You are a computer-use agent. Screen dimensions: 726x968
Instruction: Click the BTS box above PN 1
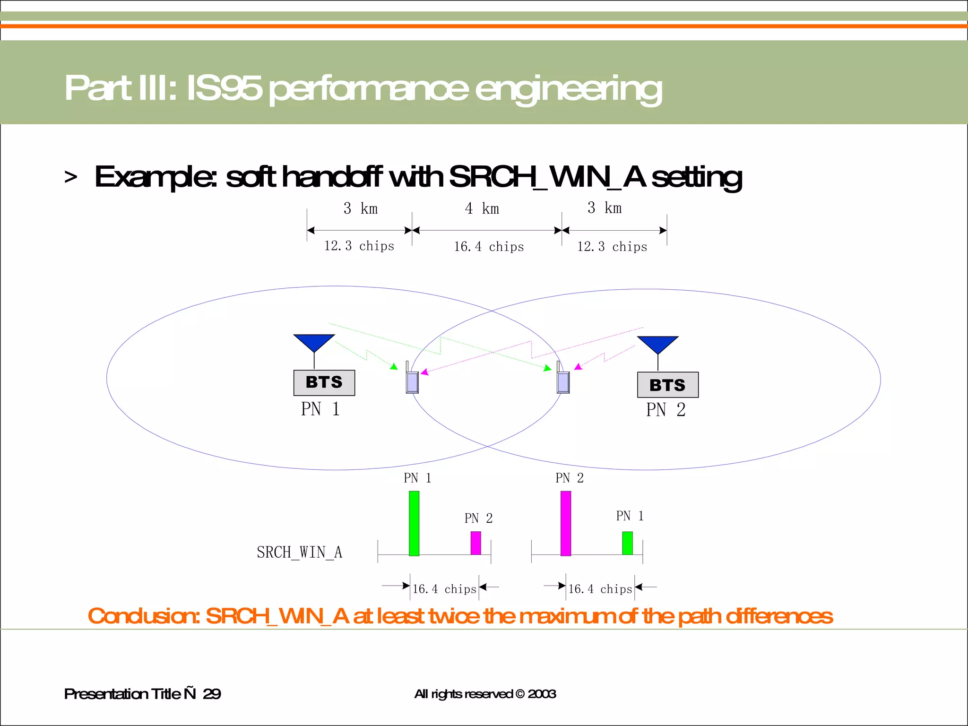click(324, 382)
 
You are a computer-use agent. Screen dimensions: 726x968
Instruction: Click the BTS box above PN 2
click(667, 385)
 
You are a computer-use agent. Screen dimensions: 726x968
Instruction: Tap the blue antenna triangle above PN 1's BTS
click(314, 342)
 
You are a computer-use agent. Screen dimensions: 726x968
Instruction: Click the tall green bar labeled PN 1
click(414, 523)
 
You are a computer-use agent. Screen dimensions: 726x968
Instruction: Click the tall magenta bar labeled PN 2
click(565, 523)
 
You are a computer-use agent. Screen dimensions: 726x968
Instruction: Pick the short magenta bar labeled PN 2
click(475, 543)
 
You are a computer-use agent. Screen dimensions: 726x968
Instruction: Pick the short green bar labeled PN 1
click(627, 543)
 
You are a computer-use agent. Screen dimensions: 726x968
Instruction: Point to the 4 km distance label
click(482, 208)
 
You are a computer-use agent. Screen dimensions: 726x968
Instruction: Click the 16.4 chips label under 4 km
click(489, 247)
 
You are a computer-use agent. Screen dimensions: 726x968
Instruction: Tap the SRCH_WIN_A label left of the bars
click(299, 552)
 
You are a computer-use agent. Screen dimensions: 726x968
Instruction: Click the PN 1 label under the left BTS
click(320, 409)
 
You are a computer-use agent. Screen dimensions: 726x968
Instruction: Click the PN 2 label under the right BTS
click(665, 410)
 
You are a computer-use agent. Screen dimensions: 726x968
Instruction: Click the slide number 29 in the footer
click(211, 694)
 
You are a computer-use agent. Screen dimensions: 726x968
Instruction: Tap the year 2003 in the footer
click(542, 694)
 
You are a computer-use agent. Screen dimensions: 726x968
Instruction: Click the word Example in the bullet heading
click(155, 177)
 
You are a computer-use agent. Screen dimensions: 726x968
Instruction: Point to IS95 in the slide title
click(224, 88)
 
